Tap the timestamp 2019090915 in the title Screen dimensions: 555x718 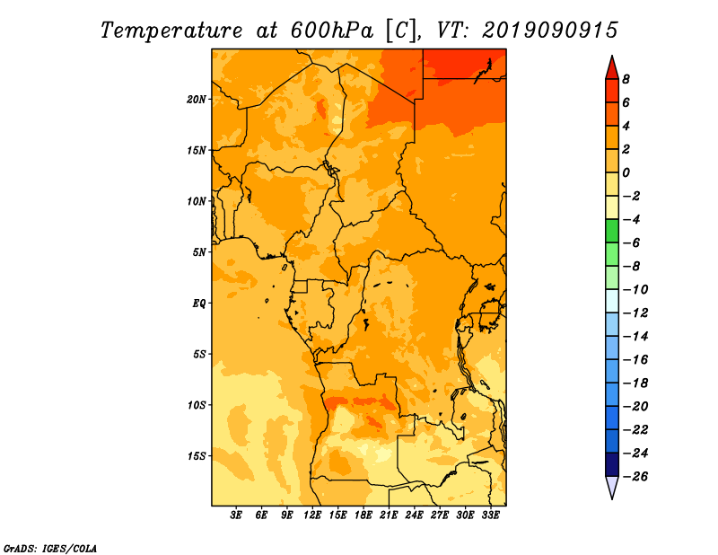[x=550, y=30]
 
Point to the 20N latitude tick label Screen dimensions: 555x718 [x=197, y=99]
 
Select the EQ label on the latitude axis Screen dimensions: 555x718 [x=199, y=303]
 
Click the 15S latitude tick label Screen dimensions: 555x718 [x=197, y=455]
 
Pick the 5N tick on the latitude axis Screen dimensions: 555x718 [x=199, y=251]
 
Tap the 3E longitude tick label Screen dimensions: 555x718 [x=237, y=515]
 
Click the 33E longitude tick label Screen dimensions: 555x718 [x=490, y=515]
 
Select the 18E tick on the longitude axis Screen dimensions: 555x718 [x=363, y=515]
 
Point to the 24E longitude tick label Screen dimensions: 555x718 [x=415, y=515]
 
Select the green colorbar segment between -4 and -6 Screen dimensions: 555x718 [x=612, y=231]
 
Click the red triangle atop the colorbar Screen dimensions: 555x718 [x=612, y=67]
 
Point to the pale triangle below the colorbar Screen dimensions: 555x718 [x=612, y=487]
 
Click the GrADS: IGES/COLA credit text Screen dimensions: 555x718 [x=50, y=547]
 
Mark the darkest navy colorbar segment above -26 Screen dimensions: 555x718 [x=612, y=464]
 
